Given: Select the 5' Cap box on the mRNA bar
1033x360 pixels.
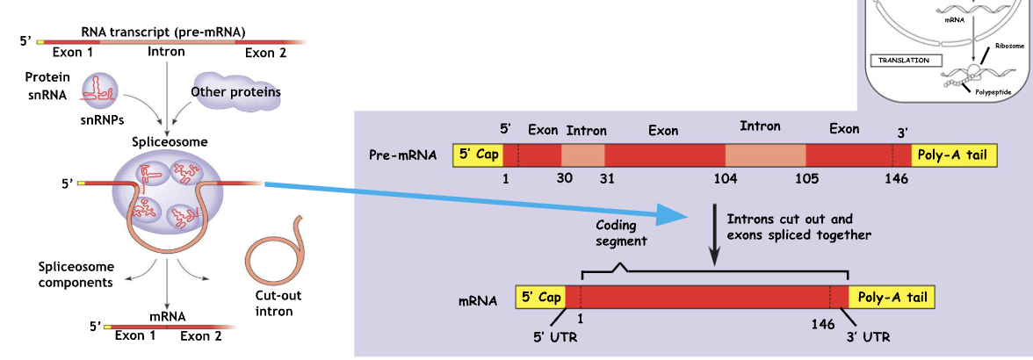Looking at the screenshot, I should point(541,297).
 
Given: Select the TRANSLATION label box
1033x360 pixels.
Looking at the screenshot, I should point(905,61).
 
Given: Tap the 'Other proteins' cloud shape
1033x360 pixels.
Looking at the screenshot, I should point(235,92).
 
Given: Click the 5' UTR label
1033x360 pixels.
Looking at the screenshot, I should point(554,335).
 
